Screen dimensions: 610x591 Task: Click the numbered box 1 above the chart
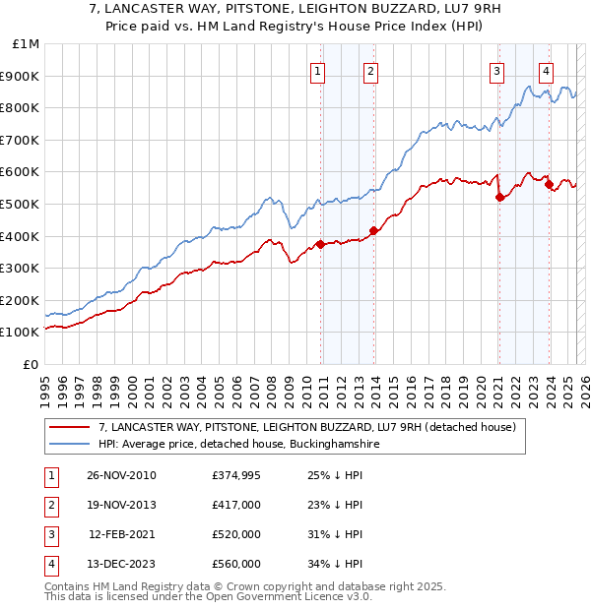click(318, 70)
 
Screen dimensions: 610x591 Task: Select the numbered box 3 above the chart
click(496, 70)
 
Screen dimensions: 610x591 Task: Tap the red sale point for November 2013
click(373, 231)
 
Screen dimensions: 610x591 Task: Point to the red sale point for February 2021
click(499, 197)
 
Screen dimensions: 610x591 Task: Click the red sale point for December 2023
click(549, 184)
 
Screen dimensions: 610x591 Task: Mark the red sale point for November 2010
click(321, 244)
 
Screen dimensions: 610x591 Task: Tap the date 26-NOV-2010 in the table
click(121, 475)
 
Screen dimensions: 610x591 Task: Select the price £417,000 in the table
click(236, 505)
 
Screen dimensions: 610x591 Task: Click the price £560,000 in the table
click(236, 564)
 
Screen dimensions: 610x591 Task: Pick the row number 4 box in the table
click(48, 564)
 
